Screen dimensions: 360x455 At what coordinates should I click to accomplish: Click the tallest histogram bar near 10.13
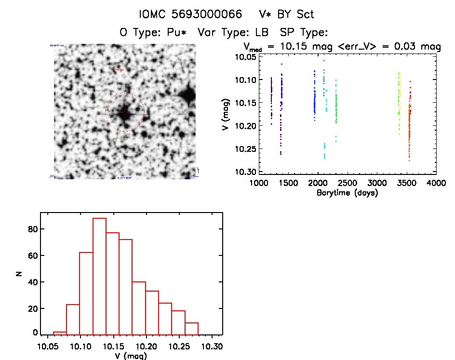99,276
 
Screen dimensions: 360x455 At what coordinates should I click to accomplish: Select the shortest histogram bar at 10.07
60,333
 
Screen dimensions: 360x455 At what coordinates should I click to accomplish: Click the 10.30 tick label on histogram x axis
212,347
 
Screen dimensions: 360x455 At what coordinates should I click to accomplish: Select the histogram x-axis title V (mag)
131,357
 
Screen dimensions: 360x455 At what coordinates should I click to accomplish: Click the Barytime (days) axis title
347,193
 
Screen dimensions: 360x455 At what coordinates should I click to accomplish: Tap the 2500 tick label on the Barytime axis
347,183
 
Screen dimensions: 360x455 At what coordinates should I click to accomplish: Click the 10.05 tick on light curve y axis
245,57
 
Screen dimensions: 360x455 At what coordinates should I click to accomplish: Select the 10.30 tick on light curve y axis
245,172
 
